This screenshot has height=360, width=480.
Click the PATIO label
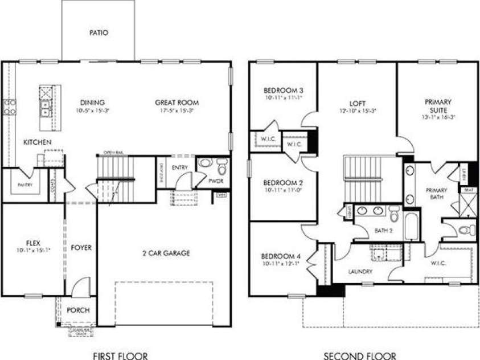point(99,32)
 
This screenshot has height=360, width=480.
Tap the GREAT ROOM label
point(177,103)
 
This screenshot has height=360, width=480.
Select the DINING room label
point(92,103)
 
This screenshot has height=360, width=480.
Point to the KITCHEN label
point(38,142)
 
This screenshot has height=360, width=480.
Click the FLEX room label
point(33,242)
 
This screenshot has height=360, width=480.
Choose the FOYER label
point(81,248)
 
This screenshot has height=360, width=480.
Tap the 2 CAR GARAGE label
point(166,253)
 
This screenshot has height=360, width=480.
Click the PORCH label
point(78,310)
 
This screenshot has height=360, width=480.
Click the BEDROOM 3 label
point(283,91)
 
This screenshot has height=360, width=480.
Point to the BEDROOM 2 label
point(283,183)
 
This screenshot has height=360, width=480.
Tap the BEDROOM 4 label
point(283,256)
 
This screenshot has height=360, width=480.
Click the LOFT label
point(357,103)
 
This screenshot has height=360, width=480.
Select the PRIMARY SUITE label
point(437,106)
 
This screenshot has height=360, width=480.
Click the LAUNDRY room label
point(360,272)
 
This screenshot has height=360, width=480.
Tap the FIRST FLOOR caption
point(120,356)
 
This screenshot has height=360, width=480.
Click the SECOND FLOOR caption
point(360,356)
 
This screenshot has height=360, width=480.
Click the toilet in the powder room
point(221,167)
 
